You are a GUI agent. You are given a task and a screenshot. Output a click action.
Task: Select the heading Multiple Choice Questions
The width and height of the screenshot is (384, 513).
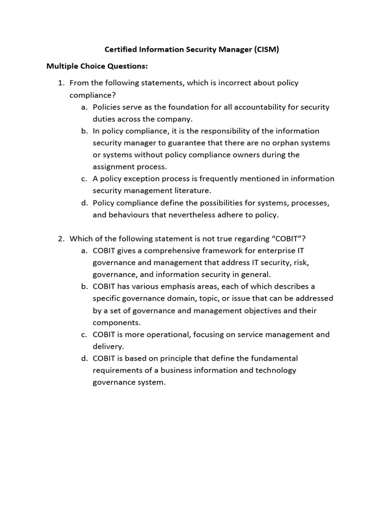coord(97,66)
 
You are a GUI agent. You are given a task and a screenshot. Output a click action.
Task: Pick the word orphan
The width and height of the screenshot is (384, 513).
coord(275,143)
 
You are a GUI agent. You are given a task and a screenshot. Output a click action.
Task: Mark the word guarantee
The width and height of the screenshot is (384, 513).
coord(177,143)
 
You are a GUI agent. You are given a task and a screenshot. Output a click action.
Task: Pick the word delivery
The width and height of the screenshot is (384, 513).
coord(108,346)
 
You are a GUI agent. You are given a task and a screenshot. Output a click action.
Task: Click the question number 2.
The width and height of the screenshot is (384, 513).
coord(61,238)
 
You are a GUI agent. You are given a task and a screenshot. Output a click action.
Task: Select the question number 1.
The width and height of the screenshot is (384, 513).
coord(61,83)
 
